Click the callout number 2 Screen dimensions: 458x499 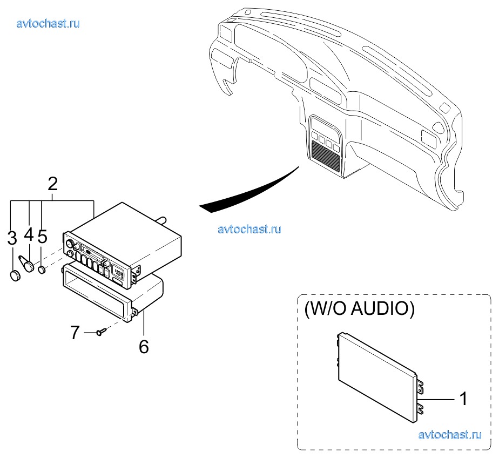point(52,184)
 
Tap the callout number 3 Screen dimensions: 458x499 point(12,238)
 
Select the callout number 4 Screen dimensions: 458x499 point(29,234)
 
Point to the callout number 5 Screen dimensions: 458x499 point(43,237)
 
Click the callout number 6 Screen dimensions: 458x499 point(144,346)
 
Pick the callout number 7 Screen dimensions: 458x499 point(75,333)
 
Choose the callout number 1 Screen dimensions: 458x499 point(462,399)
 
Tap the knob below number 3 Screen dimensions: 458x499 point(15,275)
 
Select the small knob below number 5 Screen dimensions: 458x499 point(42,268)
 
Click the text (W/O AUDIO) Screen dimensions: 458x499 point(359,309)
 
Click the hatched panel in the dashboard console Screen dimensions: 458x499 point(326,155)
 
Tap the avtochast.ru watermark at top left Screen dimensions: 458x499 point(49,23)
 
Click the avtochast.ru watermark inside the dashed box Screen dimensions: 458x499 point(449,434)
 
